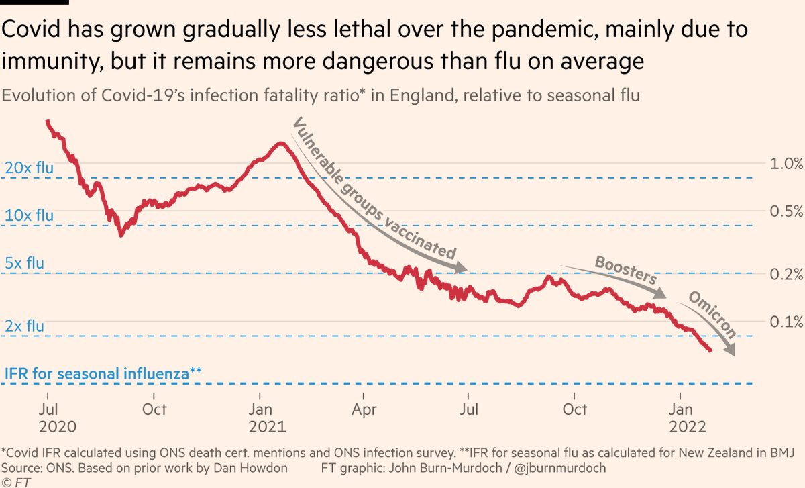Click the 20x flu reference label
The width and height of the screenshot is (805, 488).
[29, 168]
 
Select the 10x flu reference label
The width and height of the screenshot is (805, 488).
[29, 215]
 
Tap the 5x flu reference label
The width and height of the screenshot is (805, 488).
[24, 263]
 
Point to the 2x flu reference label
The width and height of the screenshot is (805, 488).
[24, 326]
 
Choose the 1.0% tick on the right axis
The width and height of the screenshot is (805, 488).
[785, 163]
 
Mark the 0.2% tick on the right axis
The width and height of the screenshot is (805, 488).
[785, 274]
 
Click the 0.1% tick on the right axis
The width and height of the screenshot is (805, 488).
[785, 322]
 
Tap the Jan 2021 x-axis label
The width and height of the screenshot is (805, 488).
[266, 418]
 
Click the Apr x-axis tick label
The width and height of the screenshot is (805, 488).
[364, 409]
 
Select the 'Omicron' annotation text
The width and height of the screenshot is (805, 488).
[712, 314]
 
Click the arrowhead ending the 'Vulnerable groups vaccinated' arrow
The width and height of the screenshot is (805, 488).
[460, 269]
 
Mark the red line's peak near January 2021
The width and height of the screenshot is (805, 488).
[280, 144]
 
